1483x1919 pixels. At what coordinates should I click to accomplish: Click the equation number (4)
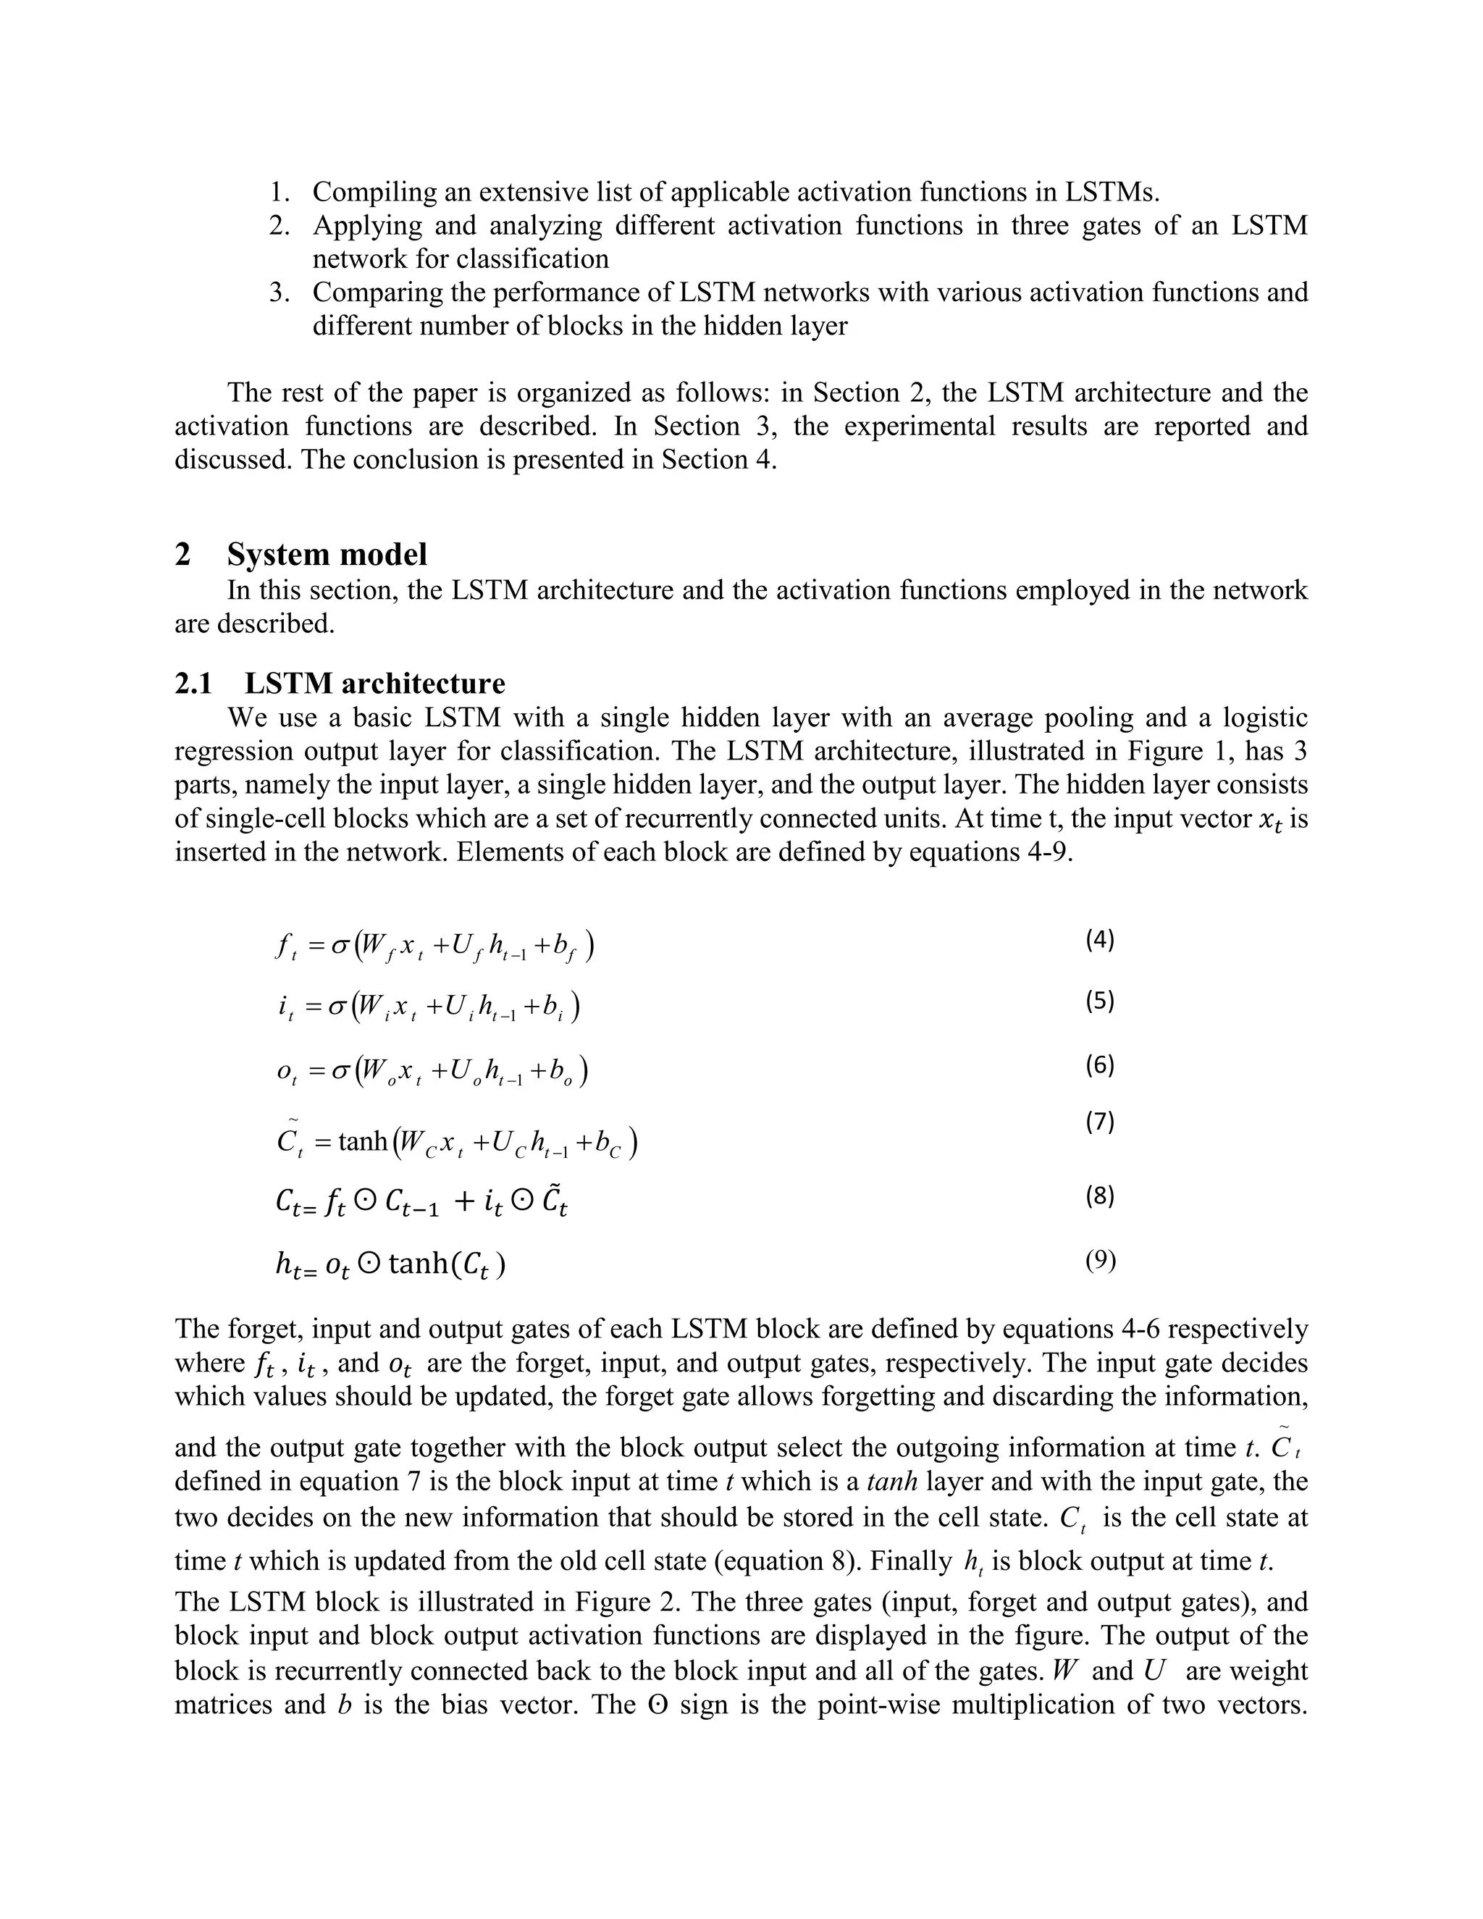1099,940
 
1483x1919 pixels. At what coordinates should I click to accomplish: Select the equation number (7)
1099,1122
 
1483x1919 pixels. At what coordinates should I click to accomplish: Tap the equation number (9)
1100,1261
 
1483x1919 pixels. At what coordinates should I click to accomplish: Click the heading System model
327,555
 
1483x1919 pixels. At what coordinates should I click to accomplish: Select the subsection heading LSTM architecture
375,683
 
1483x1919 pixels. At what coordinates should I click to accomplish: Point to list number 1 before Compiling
280,192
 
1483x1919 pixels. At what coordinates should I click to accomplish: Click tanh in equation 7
363,1141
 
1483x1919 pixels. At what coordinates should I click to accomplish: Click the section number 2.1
193,683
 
